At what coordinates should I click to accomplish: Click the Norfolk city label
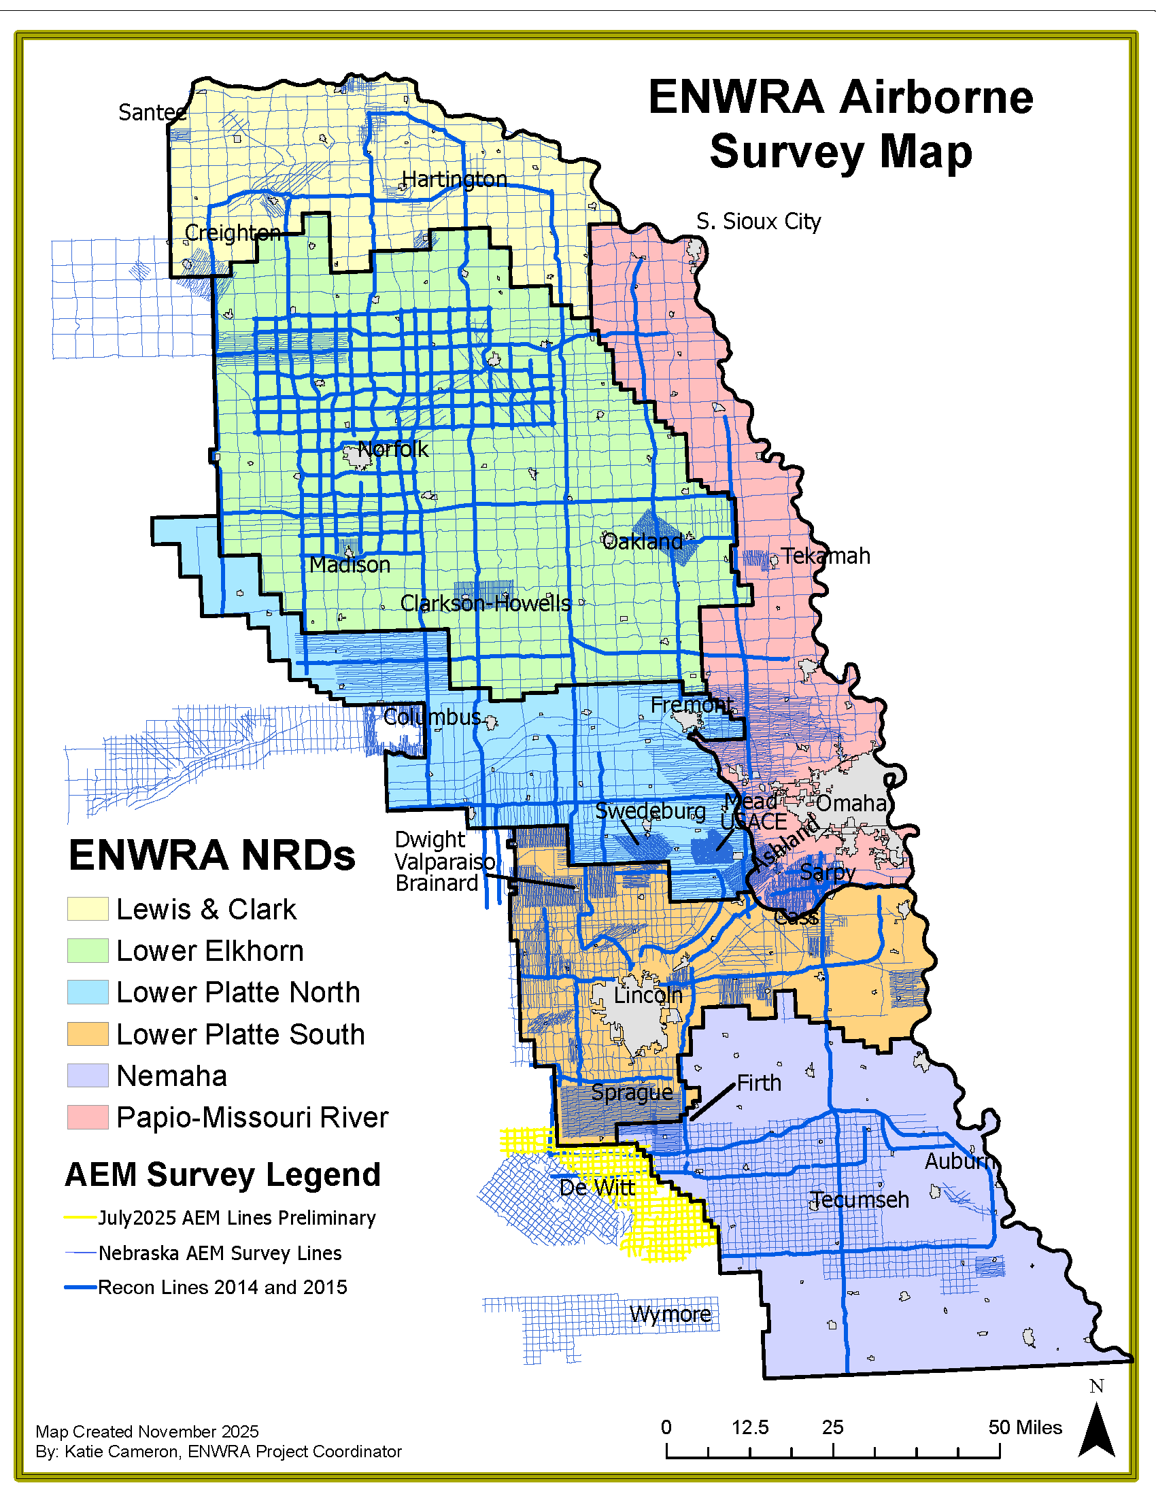[x=393, y=449]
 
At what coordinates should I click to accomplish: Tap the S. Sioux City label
[x=758, y=222]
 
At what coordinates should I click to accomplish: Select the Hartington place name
[x=454, y=180]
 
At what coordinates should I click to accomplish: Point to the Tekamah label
[x=826, y=556]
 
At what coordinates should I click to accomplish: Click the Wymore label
[x=670, y=1314]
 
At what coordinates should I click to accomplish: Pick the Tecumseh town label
[x=860, y=1200]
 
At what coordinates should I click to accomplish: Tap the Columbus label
[x=431, y=717]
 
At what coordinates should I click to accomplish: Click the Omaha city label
[x=851, y=803]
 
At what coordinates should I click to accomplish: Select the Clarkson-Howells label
[x=485, y=603]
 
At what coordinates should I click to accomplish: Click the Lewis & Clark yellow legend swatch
[x=88, y=909]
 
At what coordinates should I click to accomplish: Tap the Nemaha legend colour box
[x=88, y=1076]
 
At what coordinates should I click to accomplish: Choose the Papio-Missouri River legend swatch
[x=88, y=1117]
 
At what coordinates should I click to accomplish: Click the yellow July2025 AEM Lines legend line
[x=80, y=1218]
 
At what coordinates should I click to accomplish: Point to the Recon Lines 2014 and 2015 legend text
[x=222, y=1288]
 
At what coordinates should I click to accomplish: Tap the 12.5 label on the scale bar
[x=749, y=1427]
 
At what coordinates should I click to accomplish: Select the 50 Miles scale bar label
[x=1025, y=1427]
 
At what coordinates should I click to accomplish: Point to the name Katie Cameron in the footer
[x=120, y=1452]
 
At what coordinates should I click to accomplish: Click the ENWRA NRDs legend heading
[x=211, y=855]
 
